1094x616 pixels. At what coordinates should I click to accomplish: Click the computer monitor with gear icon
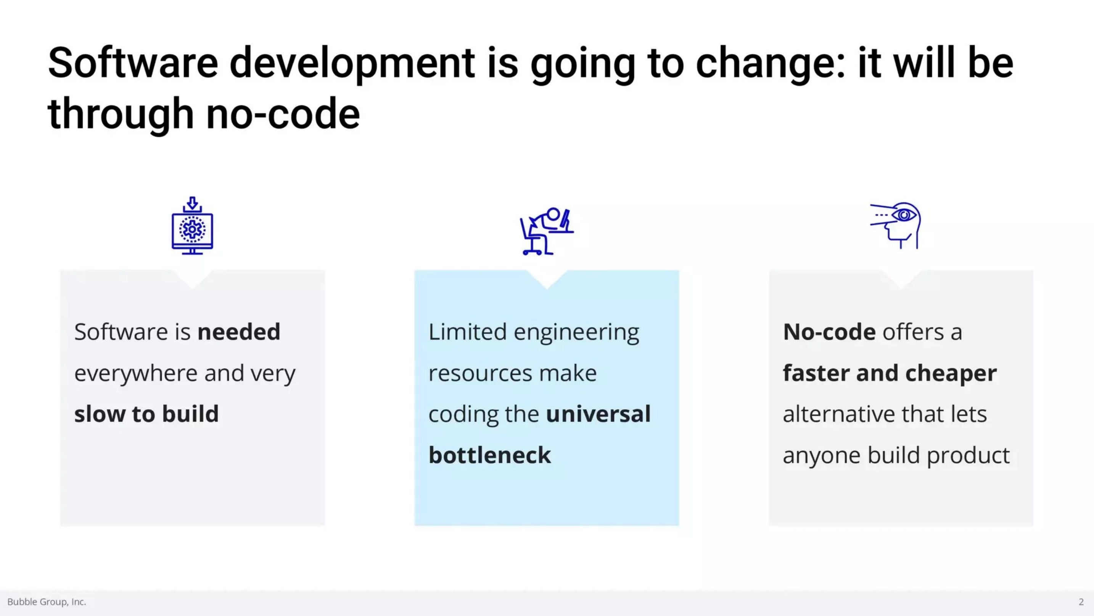tap(192, 226)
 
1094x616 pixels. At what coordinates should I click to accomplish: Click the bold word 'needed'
tap(239, 331)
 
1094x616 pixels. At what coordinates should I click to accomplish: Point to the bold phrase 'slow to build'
tap(146, 414)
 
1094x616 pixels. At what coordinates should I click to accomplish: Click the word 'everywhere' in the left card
tap(136, 373)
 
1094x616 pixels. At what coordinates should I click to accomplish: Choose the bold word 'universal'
tap(598, 414)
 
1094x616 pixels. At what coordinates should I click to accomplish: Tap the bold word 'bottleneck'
tap(490, 455)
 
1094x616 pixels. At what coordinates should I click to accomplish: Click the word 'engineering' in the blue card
tap(576, 333)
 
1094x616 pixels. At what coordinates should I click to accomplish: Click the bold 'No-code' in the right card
tap(829, 331)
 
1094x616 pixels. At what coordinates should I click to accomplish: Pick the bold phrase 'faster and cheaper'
tap(890, 373)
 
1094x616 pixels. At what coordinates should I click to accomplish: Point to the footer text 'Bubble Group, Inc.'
tap(47, 601)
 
